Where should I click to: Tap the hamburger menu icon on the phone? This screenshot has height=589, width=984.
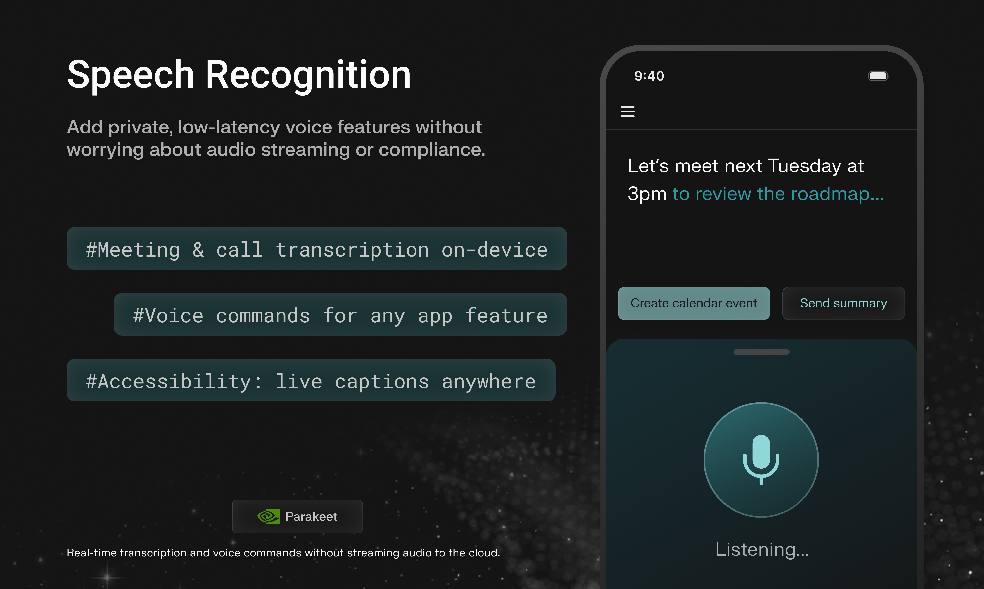627,112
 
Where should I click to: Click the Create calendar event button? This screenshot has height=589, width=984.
694,303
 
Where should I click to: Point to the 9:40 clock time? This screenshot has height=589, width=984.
649,76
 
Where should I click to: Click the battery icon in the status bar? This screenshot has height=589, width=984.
878,76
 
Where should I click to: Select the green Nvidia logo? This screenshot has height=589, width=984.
269,516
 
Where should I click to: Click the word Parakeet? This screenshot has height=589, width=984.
311,516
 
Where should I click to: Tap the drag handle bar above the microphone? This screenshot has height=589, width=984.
761,352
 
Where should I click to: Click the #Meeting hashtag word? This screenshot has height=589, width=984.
132,250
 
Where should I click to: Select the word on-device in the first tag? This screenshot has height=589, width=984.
494,250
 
